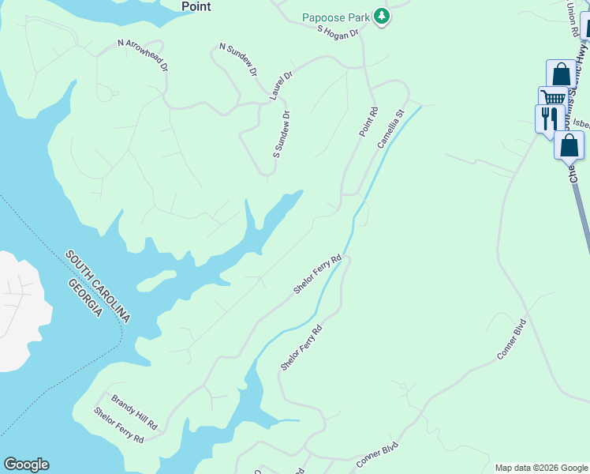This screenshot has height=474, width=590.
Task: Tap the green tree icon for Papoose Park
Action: [382, 17]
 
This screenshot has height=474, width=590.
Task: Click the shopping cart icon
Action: [553, 98]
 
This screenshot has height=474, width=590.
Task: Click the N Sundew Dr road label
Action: [238, 60]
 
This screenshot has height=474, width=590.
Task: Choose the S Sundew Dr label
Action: [282, 133]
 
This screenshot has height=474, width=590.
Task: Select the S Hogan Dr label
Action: [338, 32]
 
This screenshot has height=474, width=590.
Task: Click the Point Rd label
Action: [368, 122]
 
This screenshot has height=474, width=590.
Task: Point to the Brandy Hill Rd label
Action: [134, 412]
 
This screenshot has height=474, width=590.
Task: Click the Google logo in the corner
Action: [26, 465]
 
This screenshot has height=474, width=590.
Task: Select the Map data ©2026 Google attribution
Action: [541, 468]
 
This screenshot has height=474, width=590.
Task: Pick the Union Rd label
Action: [573, 19]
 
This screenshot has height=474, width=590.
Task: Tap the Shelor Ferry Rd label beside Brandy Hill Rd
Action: [118, 425]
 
